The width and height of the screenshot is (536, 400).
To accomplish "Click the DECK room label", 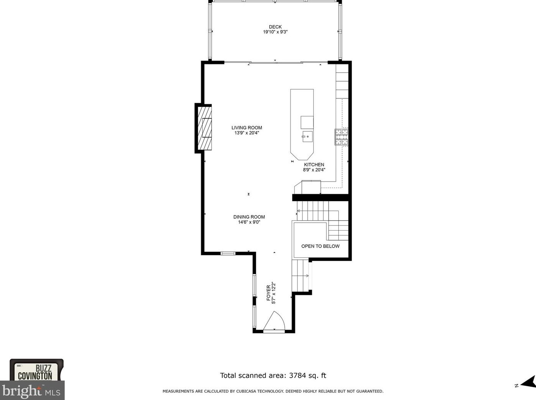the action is click(x=275, y=27).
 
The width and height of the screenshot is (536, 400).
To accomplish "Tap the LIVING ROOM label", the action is click(x=247, y=128).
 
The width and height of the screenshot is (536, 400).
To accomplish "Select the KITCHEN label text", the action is click(x=314, y=165).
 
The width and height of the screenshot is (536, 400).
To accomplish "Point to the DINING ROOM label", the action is click(x=249, y=217).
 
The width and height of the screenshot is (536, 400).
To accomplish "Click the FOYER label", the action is click(x=269, y=293).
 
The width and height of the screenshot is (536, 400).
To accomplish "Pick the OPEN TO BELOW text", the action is click(x=320, y=246).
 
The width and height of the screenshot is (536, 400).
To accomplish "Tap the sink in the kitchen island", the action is click(x=307, y=136).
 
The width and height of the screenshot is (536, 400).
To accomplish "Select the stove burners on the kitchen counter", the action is click(x=341, y=137).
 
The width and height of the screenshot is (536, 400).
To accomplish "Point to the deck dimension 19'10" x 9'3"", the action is click(x=275, y=32).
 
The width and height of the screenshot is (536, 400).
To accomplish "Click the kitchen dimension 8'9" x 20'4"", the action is click(x=314, y=170).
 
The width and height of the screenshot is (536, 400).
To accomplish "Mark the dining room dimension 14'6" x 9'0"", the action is click(x=249, y=222).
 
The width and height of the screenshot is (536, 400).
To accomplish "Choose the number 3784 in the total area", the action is click(x=297, y=375).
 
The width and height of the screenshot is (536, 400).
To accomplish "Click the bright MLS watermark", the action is click(x=31, y=391).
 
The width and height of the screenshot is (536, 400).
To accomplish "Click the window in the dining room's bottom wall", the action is click(x=228, y=254).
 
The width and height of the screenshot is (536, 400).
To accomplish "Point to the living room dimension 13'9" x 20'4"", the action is click(x=247, y=133).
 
